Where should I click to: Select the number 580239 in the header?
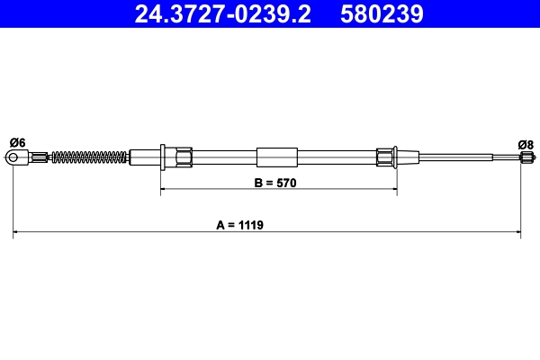tap(381, 14)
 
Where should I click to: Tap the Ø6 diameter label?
tap(16, 141)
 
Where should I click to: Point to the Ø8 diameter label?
tap(526, 142)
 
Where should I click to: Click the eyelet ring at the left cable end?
tap(13, 158)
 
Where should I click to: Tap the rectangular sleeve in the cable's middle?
tap(276, 157)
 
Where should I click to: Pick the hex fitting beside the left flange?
tap(184, 157)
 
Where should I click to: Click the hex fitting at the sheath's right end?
tap(385, 157)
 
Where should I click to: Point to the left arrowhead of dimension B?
tap(164, 190)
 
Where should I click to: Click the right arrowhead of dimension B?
tap(393, 190)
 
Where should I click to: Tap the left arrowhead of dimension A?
tap(17, 233)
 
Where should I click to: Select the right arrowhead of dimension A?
tap(517, 233)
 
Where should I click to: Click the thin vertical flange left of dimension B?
tap(161, 157)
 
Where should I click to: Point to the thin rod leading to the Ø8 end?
tap(459, 158)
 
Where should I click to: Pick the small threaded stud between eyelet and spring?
tap(40, 158)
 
